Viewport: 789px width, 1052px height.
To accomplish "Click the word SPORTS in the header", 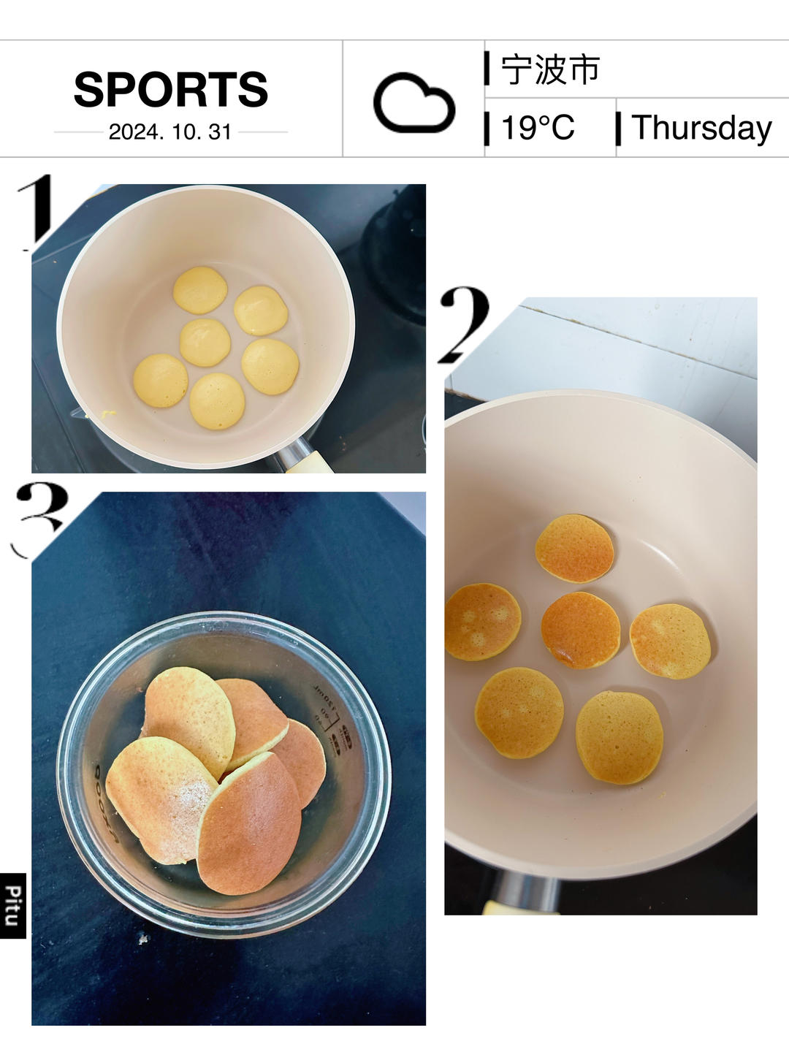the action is [x=170, y=89].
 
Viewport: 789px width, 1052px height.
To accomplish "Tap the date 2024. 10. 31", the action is [x=170, y=131].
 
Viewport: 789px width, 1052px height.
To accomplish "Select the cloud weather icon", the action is [x=414, y=102].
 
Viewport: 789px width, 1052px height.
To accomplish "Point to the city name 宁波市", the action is [x=550, y=69].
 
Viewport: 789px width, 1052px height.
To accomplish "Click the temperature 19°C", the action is [x=538, y=128].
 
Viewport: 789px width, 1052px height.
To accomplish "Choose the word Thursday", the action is [x=702, y=129].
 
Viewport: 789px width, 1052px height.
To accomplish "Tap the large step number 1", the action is [x=34, y=212].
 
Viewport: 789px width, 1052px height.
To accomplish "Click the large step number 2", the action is [x=463, y=324].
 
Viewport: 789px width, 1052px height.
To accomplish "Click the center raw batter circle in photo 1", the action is [x=205, y=343].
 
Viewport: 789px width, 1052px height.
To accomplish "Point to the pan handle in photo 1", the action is [x=302, y=456].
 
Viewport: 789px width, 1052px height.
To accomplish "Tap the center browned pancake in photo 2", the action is [x=581, y=630].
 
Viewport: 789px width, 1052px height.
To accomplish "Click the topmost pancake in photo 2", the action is [x=574, y=549].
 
